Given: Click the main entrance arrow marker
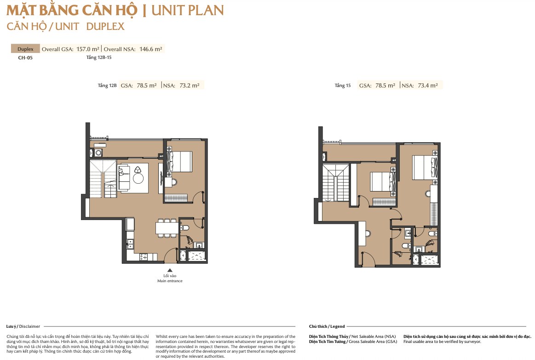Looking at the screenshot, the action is pos(170,270).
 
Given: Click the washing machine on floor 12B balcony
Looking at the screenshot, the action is pos(98,153).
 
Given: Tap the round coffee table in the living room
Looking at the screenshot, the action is pos(138,178).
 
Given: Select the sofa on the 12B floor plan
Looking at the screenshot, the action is pos(123,178).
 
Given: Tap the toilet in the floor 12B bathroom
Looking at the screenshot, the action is pos(184,227).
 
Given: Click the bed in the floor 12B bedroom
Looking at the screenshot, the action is pos(179,161).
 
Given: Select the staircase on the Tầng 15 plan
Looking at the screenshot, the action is pos(336,183).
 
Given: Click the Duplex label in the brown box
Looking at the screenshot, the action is pos(25,49).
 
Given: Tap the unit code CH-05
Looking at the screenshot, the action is pos(25,58).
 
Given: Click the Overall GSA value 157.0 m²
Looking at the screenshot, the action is pos(88,49).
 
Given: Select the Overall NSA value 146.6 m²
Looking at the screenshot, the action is pos(151,49).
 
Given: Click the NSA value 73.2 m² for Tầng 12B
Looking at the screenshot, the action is pos(190,85).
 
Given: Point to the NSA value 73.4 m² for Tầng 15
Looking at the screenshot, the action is pos(428,85).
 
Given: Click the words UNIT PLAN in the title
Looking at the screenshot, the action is pos(188,11).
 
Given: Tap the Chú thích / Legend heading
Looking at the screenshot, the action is pos(327,326).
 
